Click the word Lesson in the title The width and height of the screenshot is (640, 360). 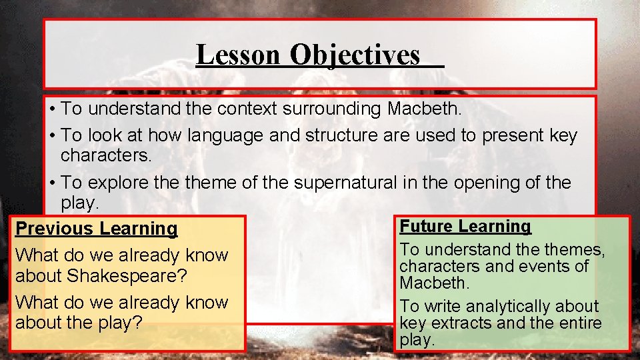[x=237, y=55]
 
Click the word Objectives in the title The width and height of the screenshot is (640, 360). [x=355, y=55]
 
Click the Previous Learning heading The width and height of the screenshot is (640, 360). [x=97, y=229]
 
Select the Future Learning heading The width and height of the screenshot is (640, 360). [x=465, y=227]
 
